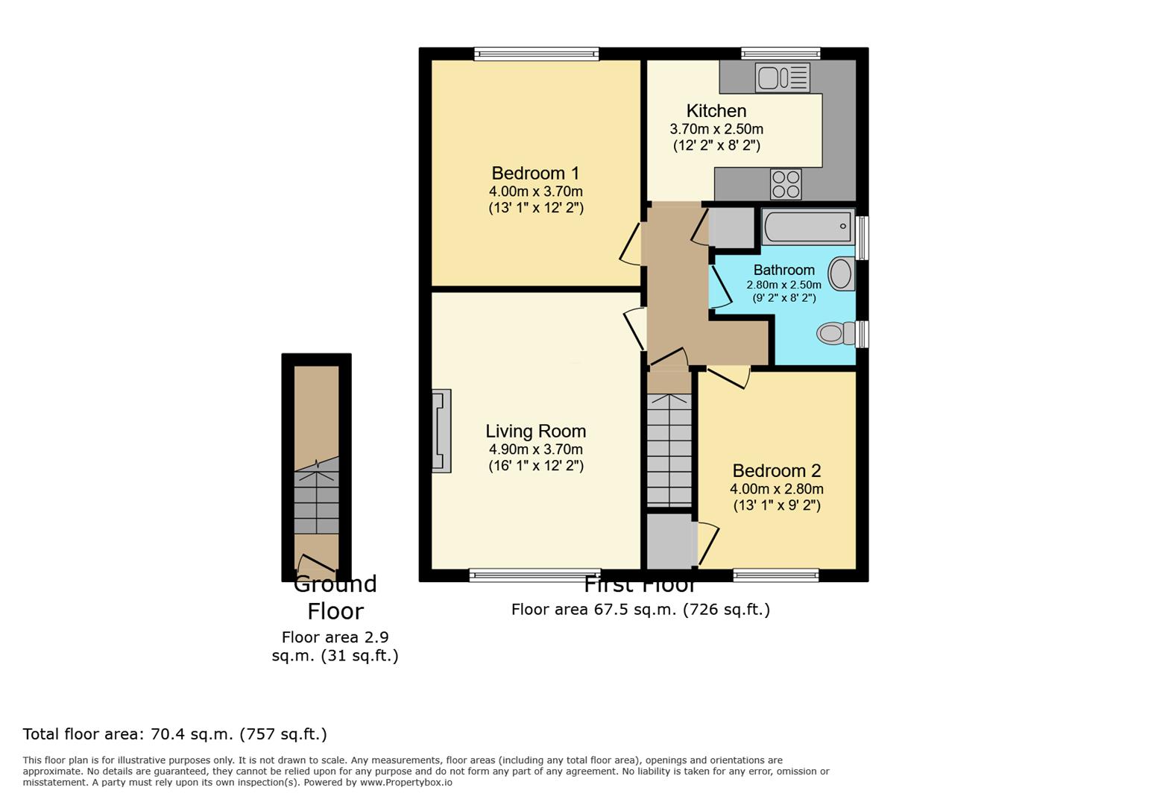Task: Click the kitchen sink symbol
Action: coord(782,78)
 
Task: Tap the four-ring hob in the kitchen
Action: coord(786,184)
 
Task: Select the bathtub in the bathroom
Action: coord(807,227)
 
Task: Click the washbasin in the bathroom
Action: coord(842,274)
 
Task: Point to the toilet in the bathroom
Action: coord(835,333)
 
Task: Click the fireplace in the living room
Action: coord(441,431)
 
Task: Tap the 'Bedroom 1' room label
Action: coord(535,173)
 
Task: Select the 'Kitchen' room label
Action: coord(716,111)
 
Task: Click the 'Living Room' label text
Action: coord(535,431)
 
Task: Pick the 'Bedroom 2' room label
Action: coord(776,470)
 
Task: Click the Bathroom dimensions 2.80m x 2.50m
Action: coord(783,285)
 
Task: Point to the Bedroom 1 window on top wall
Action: coord(536,54)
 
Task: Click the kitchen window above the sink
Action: coord(781,54)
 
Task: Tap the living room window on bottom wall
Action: coord(534,575)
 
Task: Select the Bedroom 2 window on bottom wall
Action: coord(775,575)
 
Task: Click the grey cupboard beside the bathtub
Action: coord(731,227)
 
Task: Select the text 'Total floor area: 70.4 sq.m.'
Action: coord(174,734)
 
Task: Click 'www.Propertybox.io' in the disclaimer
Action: coord(406,783)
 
